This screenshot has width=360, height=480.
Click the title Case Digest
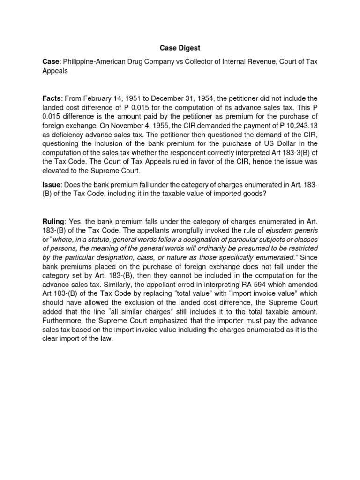180,47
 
